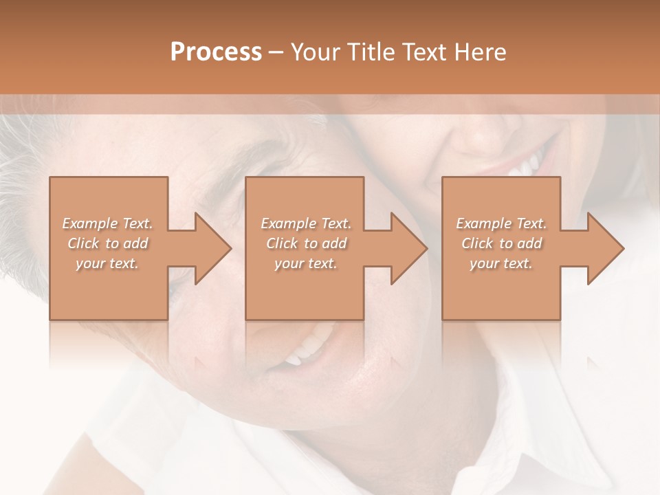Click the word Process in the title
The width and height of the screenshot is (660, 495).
coord(216,52)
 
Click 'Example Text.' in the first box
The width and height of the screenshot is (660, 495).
coord(107,223)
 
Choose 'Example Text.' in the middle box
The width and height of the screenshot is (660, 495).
coord(306,223)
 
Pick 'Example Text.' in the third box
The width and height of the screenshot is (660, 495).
coord(501,223)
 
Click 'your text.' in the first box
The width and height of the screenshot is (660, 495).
coord(107,263)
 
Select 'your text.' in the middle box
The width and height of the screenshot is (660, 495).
coord(306,263)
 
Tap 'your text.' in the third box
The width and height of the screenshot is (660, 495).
coord(501,263)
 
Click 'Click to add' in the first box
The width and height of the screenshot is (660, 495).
coord(107,243)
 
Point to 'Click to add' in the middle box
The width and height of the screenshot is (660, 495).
coord(306,243)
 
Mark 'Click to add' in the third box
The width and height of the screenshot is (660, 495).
coord(501,243)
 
